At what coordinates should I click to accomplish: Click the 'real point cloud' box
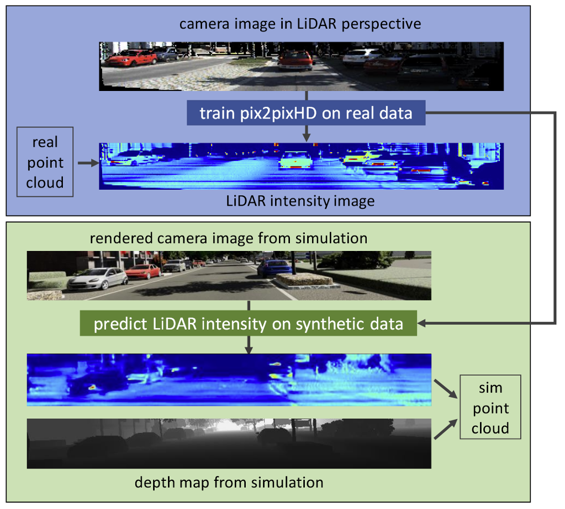(x=45, y=163)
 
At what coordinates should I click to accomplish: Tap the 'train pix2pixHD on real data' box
(x=305, y=113)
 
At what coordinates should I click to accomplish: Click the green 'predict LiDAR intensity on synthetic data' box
(x=248, y=323)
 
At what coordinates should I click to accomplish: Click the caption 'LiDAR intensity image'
(x=300, y=201)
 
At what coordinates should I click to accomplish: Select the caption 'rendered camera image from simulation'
(x=228, y=238)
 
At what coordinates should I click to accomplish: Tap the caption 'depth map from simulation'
(x=229, y=483)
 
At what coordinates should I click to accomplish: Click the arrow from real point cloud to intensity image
(x=87, y=163)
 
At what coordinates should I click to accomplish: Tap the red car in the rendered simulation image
(x=144, y=271)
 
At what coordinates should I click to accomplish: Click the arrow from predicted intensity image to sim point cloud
(x=446, y=387)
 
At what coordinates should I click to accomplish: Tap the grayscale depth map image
(x=229, y=443)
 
